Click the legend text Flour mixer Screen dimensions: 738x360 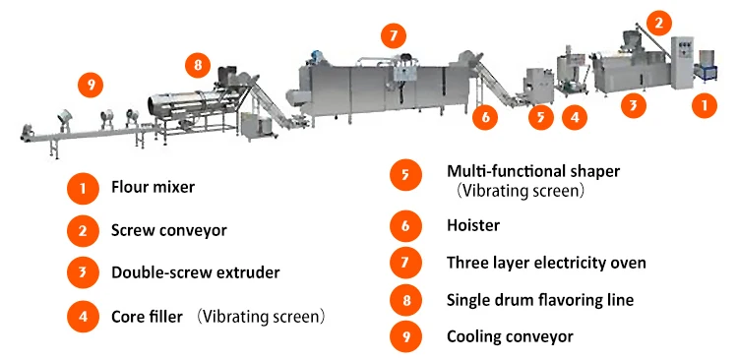[153, 187]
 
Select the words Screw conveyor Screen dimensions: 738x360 [169, 230]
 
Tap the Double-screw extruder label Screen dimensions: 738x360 [196, 272]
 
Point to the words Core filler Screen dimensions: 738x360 [147, 317]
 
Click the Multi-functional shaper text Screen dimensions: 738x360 [533, 171]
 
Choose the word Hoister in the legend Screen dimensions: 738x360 [473, 225]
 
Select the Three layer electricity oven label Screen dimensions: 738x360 [546, 263]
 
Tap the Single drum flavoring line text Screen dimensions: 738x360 [540, 300]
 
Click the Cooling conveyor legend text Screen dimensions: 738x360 [510, 336]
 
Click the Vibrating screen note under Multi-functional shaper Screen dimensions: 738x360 [521, 191]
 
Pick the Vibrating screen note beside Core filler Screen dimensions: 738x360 [261, 317]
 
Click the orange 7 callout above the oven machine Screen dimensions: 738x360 [394, 35]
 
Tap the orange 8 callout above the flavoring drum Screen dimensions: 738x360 [198, 65]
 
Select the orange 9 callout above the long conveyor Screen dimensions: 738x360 [91, 86]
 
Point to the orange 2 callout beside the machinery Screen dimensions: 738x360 [659, 23]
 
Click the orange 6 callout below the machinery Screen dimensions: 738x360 [485, 117]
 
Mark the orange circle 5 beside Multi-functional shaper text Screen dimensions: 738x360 [405, 174]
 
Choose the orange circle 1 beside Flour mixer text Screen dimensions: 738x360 [83, 189]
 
